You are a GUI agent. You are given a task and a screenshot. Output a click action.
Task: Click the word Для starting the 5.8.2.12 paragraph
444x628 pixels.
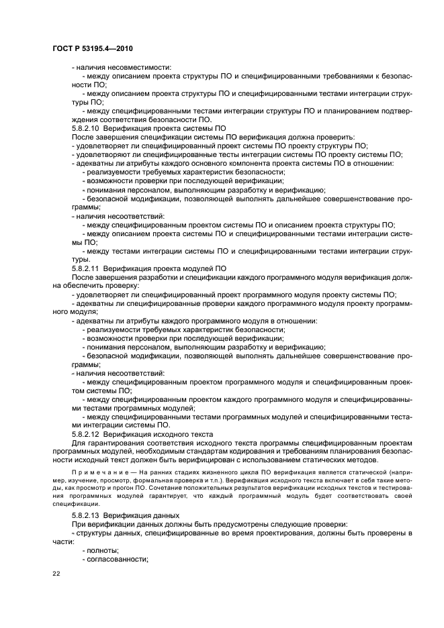pos(79,443)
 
